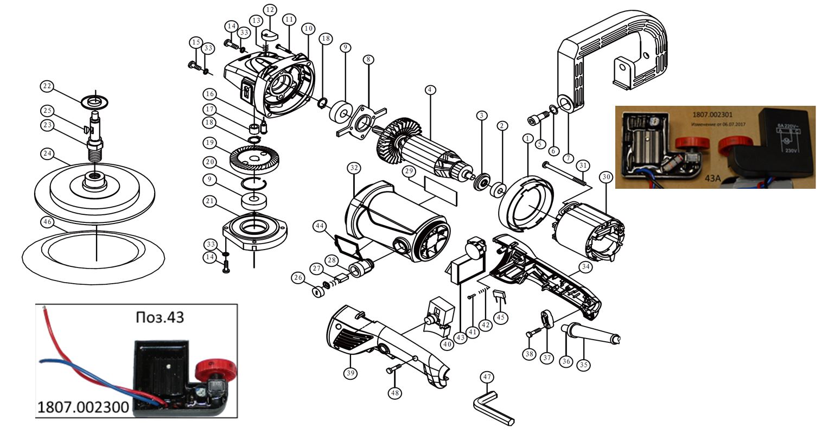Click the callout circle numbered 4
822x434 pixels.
(430, 90)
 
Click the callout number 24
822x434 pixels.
(48, 154)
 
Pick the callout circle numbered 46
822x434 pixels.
(48, 222)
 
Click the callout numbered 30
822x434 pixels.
(606, 177)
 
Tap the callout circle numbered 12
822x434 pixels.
(270, 10)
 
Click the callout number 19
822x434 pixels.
(210, 143)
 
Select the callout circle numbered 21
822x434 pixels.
(210, 201)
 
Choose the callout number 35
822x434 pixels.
(583, 365)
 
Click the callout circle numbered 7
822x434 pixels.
(568, 158)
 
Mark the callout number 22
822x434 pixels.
(48, 86)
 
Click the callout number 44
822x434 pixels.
(320, 225)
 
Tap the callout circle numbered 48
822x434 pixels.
(396, 392)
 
